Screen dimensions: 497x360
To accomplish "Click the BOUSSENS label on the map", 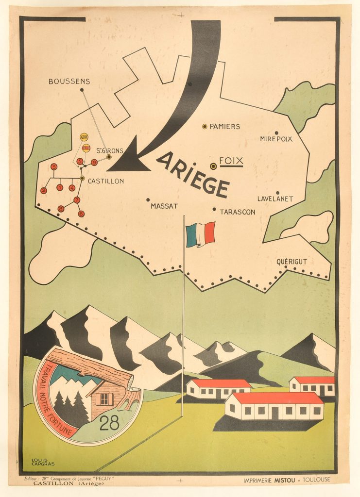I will click(x=69, y=82).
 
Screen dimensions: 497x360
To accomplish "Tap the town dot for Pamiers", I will click(x=205, y=126).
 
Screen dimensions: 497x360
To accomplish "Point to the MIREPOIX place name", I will click(x=276, y=139).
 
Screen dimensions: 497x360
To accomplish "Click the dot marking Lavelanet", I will click(x=277, y=193).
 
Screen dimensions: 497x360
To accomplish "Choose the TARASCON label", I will click(x=238, y=212).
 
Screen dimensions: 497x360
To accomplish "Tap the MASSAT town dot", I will click(x=148, y=199).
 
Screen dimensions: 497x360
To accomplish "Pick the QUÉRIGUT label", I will click(x=291, y=262).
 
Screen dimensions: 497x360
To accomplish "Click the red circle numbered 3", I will click(x=54, y=167).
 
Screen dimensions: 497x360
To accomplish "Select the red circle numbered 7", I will click(x=77, y=200).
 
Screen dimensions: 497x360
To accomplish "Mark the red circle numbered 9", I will click(x=94, y=162).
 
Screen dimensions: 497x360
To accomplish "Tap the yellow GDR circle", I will click(x=84, y=137).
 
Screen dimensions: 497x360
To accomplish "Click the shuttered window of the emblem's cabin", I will click(x=104, y=399).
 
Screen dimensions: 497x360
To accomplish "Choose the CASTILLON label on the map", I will click(x=105, y=181).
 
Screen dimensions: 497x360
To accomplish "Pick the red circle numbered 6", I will click(x=81, y=213).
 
